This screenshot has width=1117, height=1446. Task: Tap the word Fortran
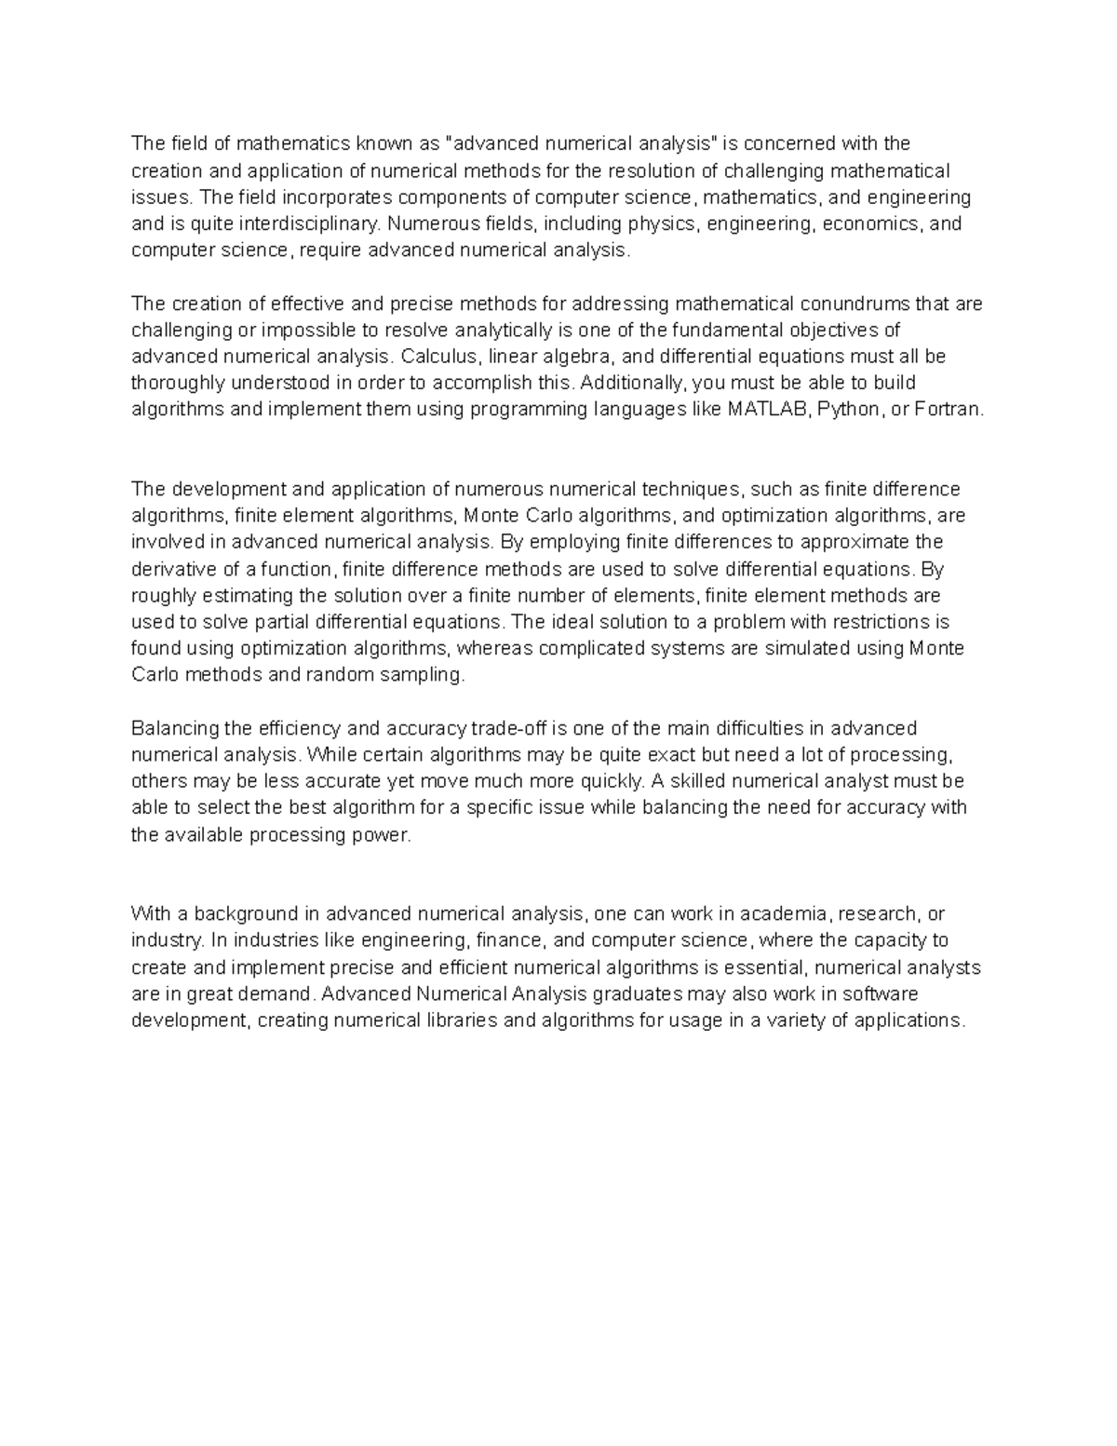[x=949, y=410]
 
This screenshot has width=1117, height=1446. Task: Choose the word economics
[x=871, y=223]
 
